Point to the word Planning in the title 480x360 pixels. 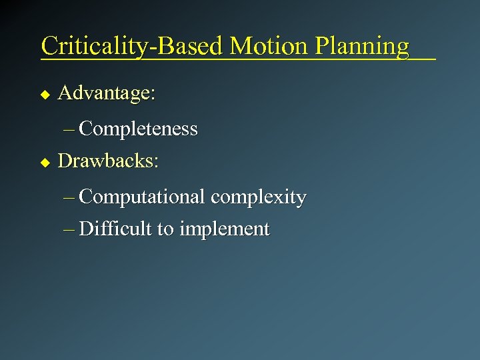pos(362,47)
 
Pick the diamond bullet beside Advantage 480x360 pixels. pos(45,95)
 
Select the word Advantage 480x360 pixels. pos(104,93)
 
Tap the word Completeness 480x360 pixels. pos(138,129)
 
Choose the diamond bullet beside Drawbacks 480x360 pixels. pos(45,162)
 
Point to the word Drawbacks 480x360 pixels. pos(105,161)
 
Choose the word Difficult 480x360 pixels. pos(115,229)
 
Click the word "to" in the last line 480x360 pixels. pos(165,230)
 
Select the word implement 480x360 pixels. pos(225,230)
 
